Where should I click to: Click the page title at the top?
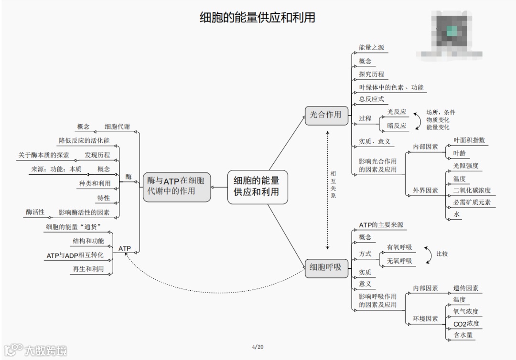[x=258, y=18]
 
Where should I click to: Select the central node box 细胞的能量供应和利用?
[x=258, y=187]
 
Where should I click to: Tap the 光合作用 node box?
[x=326, y=115]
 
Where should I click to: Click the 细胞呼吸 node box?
[x=326, y=267]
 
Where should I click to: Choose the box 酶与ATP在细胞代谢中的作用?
[x=176, y=187]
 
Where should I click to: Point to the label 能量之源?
[x=371, y=48]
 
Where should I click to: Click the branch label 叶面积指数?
[x=469, y=140]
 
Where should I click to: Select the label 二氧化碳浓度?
[x=472, y=191]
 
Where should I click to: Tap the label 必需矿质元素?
[x=472, y=202]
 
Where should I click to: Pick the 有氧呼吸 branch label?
[x=399, y=247]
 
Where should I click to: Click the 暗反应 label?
[x=397, y=126]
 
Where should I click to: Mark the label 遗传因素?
[x=466, y=288]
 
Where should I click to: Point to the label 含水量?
[x=463, y=335]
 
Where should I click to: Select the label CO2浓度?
[x=466, y=324]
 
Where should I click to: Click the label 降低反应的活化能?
[x=84, y=141]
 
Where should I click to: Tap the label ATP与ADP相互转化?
[x=75, y=255]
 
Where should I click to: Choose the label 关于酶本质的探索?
[x=43, y=155]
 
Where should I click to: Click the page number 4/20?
[x=258, y=347]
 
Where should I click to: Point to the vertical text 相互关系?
[x=333, y=185]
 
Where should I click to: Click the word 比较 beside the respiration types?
[x=442, y=254]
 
